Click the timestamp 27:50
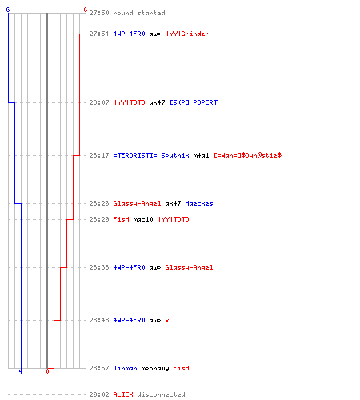[x=99, y=13]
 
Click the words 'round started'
[x=139, y=13]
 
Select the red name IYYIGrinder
[x=188, y=34]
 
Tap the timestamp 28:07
[x=99, y=102]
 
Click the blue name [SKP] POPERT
[x=194, y=102]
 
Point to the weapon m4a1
[x=202, y=155]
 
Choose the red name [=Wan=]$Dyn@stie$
[x=248, y=155]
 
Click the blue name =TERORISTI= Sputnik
[x=151, y=155]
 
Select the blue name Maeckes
[x=199, y=203]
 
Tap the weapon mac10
[x=143, y=219]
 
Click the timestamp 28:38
[x=99, y=267]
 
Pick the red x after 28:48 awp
[x=167, y=320]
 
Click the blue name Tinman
[x=126, y=368]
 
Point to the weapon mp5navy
[x=155, y=368]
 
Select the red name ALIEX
[x=123, y=394]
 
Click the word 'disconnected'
[x=162, y=394]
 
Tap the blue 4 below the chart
[x=21, y=371]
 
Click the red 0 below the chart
[x=47, y=371]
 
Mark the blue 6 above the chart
[x=8, y=10]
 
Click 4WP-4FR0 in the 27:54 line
[x=130, y=34]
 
